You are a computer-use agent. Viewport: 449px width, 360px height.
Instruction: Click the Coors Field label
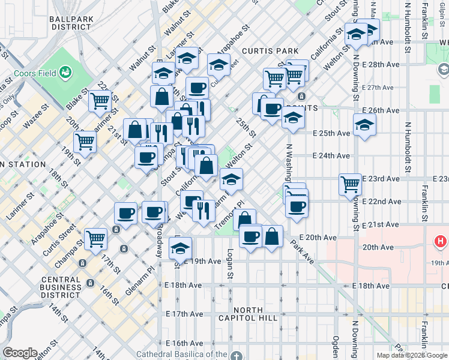33,74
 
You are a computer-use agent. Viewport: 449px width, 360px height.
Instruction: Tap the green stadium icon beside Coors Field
65,73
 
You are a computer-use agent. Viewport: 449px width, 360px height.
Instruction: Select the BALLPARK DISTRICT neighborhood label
71,23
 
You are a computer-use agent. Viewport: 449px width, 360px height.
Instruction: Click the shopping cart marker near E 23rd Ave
350,184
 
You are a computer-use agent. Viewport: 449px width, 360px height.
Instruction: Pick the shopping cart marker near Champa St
95,238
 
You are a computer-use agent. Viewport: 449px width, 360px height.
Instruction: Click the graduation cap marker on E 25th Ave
364,127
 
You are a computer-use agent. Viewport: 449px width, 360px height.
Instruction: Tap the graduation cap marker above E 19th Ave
180,247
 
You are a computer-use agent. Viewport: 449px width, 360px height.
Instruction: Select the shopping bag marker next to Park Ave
272,236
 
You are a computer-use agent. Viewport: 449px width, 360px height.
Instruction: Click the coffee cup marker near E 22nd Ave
296,207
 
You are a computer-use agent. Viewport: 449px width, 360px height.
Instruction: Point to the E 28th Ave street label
382,65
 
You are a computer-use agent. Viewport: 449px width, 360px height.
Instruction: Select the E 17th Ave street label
185,314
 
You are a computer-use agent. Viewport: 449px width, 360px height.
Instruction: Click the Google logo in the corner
20,353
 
